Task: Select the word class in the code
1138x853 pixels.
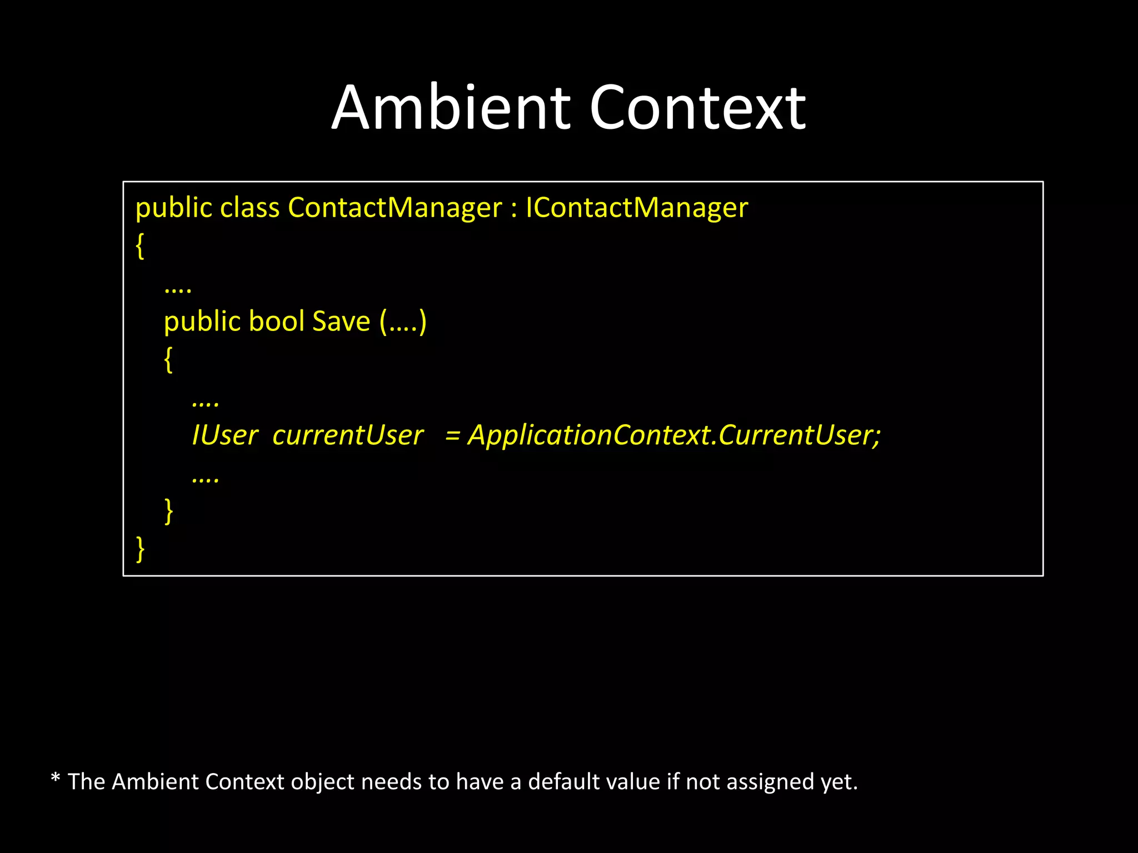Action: point(249,208)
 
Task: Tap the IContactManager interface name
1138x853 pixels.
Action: point(637,208)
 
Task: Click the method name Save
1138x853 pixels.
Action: point(341,322)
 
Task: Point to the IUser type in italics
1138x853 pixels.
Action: point(225,435)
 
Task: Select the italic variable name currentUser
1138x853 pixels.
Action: point(348,435)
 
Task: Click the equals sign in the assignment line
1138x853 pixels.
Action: point(452,436)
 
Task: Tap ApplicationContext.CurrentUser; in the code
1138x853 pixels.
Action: point(674,435)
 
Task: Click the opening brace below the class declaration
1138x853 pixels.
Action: point(140,246)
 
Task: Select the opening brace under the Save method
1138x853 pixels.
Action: point(168,360)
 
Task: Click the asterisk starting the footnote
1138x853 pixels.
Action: point(55,779)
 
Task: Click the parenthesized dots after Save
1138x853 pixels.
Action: point(403,322)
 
